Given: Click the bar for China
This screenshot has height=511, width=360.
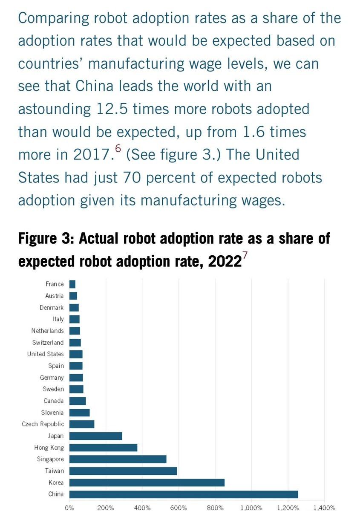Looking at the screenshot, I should [183, 494].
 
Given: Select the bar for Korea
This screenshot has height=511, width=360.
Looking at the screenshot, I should [147, 482].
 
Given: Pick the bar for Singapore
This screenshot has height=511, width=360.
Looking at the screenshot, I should [118, 459].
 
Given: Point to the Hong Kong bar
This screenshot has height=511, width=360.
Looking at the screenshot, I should [103, 447].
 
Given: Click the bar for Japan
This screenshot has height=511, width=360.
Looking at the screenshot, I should [95, 436].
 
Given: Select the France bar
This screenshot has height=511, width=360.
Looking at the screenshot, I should [72, 284].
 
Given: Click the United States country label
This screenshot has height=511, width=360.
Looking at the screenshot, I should [45, 354].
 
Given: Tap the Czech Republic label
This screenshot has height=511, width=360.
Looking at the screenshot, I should [43, 424].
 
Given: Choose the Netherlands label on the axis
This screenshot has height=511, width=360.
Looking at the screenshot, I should [47, 331].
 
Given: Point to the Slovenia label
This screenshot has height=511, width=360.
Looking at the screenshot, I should [52, 413].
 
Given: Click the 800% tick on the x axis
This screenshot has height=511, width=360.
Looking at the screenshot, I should [215, 507].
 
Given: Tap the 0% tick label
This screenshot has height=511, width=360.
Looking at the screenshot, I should [69, 507].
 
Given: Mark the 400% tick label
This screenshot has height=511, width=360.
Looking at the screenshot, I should [142, 507].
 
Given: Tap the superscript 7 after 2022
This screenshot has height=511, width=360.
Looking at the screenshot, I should [244, 256].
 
